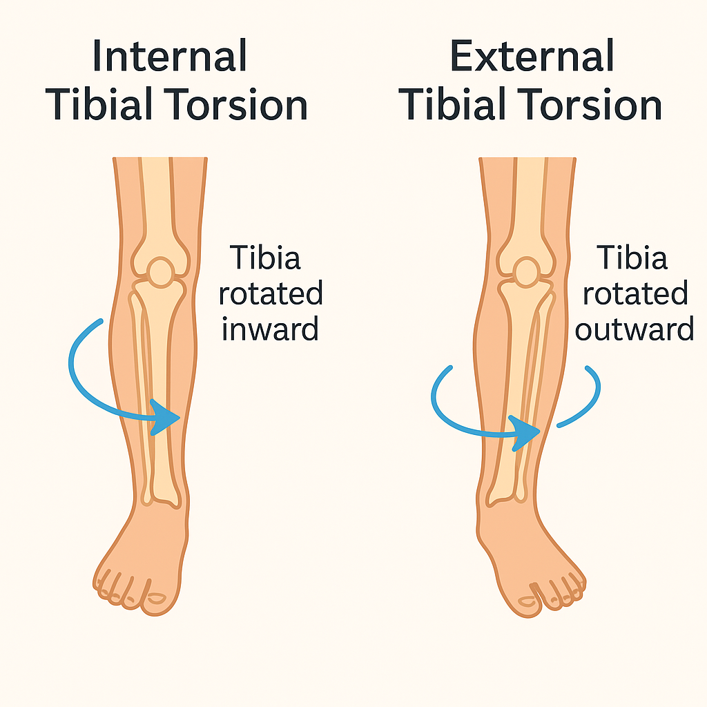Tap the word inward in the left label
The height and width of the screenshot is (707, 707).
270,329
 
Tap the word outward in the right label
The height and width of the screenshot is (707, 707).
634,329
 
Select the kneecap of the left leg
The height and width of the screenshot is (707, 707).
161,272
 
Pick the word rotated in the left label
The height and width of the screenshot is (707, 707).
270,294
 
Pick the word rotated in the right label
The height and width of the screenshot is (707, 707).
634,294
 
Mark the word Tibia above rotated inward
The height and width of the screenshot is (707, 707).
266,258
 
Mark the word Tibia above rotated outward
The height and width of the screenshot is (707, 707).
632,258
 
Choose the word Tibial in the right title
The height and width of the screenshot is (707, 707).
456,105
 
